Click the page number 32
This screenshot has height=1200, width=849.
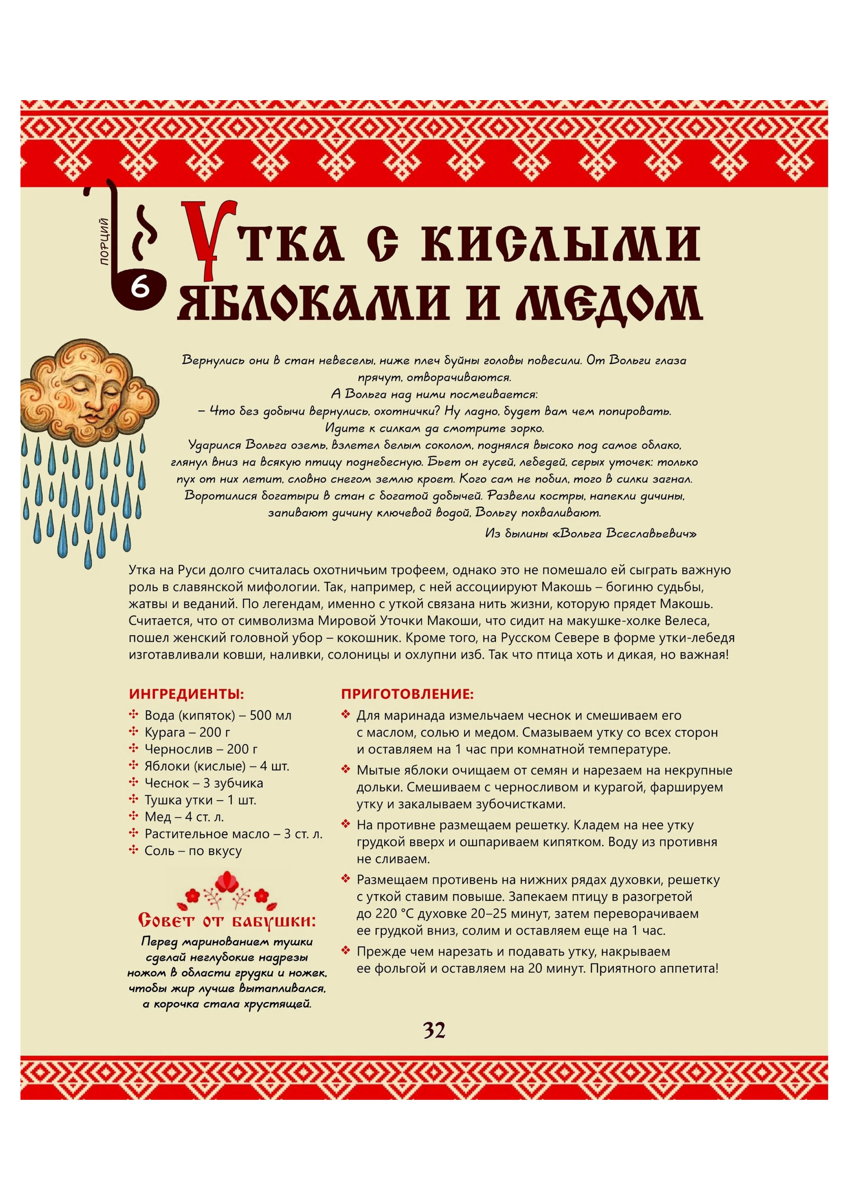click(x=434, y=1030)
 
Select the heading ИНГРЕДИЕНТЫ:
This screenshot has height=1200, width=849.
click(x=186, y=694)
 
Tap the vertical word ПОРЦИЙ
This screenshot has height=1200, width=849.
click(x=104, y=241)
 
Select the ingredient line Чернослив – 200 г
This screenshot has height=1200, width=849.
click(x=201, y=749)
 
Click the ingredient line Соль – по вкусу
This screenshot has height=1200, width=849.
click(x=193, y=850)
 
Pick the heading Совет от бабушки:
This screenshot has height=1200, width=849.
click(x=227, y=920)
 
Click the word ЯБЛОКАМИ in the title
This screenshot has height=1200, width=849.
click(x=314, y=303)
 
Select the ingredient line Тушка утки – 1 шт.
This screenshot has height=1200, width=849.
click(x=200, y=800)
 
